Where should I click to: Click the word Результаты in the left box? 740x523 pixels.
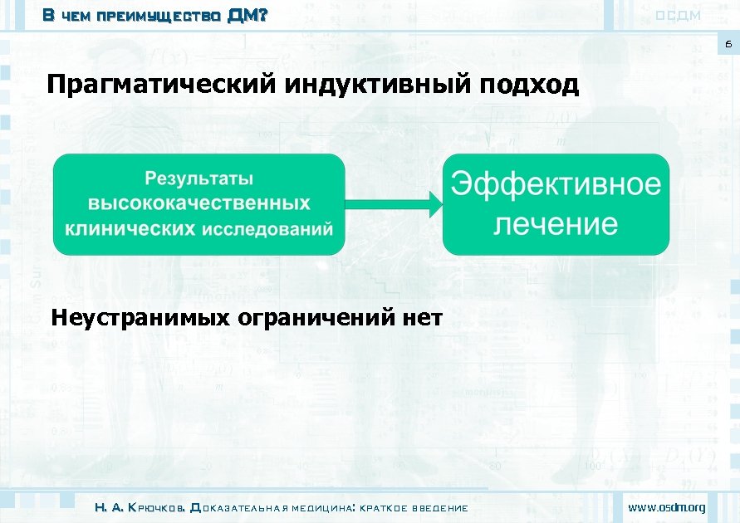tap(198, 178)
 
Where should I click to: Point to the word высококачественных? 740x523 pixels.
tap(199, 203)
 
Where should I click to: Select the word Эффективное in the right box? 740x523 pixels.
tap(556, 184)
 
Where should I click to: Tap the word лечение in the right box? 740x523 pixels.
tap(556, 223)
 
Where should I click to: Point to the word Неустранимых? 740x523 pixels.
tap(140, 317)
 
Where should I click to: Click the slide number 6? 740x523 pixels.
tap(728, 44)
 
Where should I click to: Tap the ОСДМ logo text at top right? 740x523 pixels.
tap(679, 15)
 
